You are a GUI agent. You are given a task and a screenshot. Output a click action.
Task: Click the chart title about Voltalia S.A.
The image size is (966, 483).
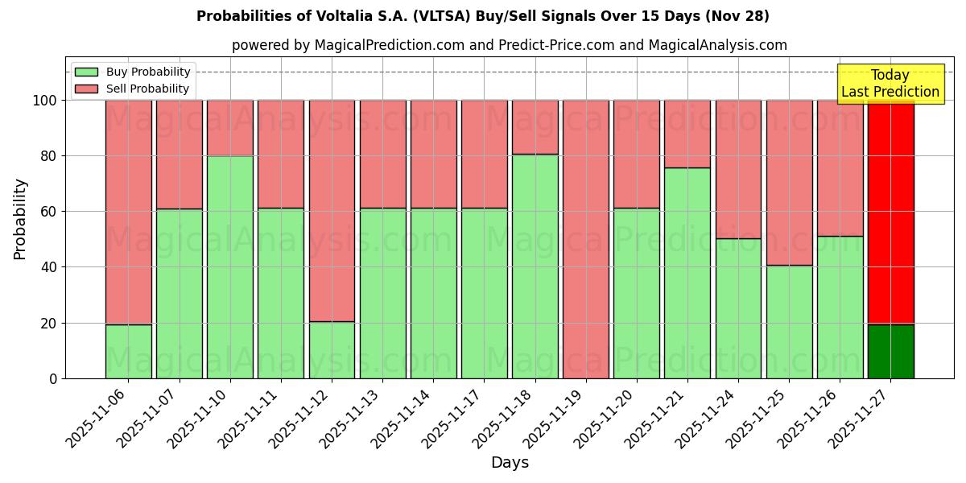pos(483,16)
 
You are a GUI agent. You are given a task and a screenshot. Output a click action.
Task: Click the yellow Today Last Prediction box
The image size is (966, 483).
pos(890,84)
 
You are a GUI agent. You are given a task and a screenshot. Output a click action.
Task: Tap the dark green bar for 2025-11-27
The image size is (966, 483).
pos(890,351)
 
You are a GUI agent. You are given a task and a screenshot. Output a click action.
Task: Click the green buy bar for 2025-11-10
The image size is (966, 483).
pos(230,266)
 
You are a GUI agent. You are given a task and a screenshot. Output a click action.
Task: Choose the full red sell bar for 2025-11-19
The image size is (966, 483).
pos(586,239)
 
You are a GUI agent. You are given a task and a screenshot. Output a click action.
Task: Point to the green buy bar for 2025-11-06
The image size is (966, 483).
pos(129,351)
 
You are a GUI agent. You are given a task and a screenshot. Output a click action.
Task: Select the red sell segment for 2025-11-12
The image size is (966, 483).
pos(332,211)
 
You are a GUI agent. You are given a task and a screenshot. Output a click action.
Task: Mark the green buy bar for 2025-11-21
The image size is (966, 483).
pos(687,273)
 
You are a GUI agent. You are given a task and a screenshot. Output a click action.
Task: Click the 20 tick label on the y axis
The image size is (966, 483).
pos(49,323)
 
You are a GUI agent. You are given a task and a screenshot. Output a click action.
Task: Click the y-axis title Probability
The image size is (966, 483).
pos(20,218)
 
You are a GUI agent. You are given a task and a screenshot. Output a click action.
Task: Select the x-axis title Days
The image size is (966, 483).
pos(510,463)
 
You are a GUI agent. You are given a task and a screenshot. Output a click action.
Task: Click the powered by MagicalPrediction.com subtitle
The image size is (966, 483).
pos(509,45)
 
